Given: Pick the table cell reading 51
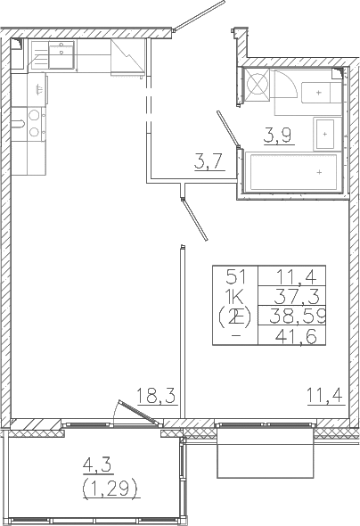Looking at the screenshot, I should coord(234,276).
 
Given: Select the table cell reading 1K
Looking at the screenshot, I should coord(234,295).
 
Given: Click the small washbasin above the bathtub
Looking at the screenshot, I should coord(324,133).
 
